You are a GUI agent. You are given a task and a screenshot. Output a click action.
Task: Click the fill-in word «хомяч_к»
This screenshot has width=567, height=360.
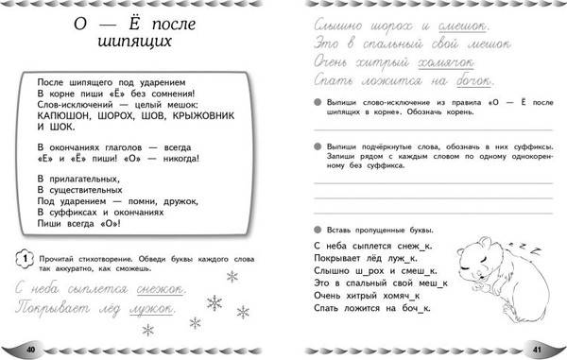click(x=407, y=295)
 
